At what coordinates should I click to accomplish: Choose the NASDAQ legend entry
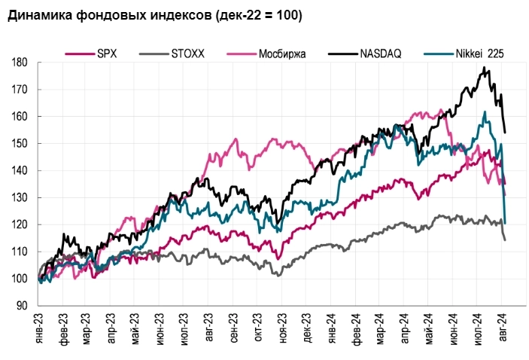383,53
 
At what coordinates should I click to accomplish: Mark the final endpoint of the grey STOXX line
505,239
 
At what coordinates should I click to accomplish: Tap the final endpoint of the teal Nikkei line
505,223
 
